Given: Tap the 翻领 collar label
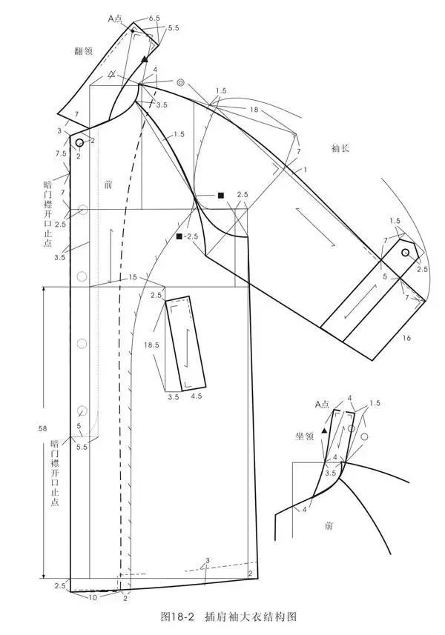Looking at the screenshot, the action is point(84,50).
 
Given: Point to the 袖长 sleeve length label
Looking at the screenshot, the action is point(340,148).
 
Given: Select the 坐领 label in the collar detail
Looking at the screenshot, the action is point(304,436).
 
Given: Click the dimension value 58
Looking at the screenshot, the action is point(42,428).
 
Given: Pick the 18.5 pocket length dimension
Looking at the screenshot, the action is point(151,345).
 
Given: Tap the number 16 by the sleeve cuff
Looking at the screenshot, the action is point(406,337).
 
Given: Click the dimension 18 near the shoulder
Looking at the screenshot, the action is point(254,110).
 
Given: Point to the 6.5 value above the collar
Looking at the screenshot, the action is point(154,19).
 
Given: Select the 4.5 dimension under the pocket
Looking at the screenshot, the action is point(197,396).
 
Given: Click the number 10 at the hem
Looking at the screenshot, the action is point(93,597).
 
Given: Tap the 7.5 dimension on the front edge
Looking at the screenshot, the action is point(61,153).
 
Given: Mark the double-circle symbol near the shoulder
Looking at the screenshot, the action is point(181,82).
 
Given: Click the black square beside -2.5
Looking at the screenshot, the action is point(179,236).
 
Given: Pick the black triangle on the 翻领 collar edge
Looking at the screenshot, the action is point(145,60).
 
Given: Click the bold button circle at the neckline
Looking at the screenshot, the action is point(80,142).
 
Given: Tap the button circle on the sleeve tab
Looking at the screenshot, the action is point(405,253).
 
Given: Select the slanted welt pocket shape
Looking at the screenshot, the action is point(185,343).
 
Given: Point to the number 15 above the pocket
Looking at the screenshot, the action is point(133,277).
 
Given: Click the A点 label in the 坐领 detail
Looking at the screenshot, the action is point(322,404).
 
